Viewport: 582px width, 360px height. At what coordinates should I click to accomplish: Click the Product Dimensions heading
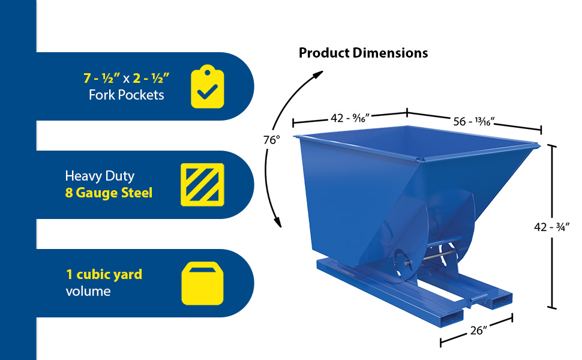tap(363, 53)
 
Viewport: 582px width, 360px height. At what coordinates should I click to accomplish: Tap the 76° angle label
tap(271, 140)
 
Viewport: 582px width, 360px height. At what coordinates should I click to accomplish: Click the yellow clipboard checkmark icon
tap(207, 88)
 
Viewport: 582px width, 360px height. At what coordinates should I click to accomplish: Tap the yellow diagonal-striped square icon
tap(202, 185)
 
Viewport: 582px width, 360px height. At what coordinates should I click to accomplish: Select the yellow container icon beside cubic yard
tap(202, 283)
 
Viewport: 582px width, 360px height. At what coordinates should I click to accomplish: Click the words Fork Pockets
tap(126, 95)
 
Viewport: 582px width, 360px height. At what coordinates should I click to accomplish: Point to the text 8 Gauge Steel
tap(109, 193)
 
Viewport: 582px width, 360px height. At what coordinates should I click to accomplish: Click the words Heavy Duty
tap(99, 176)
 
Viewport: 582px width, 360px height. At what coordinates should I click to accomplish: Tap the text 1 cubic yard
tap(104, 275)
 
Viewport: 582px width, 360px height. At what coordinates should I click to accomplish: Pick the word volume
tap(88, 292)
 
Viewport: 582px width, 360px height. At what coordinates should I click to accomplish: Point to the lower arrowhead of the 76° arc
tap(278, 223)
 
